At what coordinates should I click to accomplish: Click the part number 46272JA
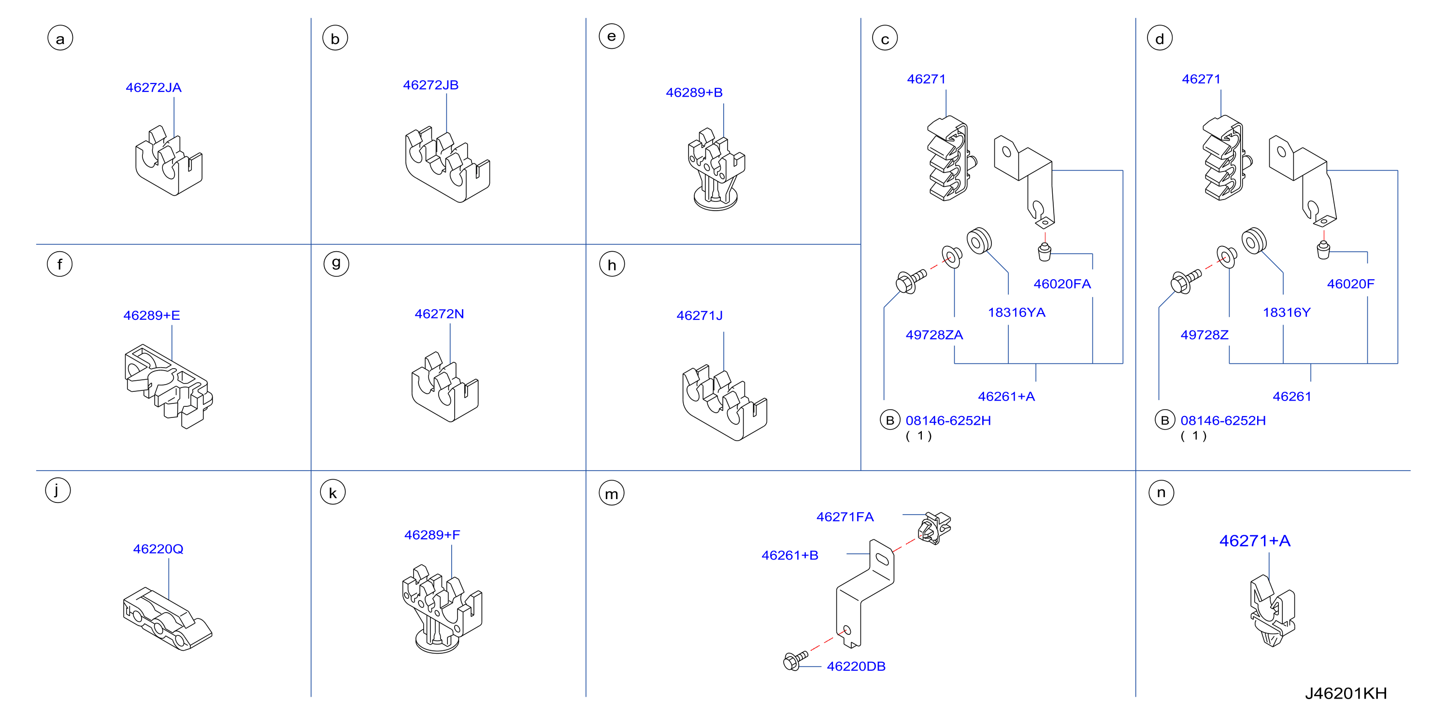pos(153,87)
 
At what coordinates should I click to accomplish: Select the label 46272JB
pos(430,85)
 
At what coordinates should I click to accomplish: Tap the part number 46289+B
pos(694,92)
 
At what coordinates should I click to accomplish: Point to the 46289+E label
pos(152,315)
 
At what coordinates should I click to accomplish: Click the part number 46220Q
pos(158,549)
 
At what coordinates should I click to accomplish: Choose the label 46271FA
pos(845,517)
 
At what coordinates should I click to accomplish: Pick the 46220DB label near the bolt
pos(856,666)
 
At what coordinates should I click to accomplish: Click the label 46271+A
pos(1254,541)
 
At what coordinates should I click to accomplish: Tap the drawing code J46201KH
pos(1346,693)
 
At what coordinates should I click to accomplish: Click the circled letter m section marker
pos(611,493)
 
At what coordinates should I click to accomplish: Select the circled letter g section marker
pos(336,263)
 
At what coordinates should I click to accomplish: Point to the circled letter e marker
pos(611,37)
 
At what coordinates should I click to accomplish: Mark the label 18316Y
pos(1286,313)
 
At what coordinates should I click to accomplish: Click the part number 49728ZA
pos(934,335)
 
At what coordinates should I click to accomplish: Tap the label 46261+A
pos(1006,397)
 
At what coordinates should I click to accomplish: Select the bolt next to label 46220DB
pos(795,660)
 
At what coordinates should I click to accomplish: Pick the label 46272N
pos(439,314)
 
